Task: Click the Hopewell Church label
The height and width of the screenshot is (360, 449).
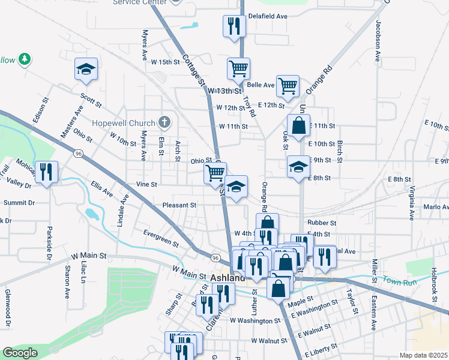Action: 124,122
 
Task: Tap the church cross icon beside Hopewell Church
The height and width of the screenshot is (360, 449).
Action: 165,122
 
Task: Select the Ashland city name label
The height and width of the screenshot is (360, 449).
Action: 228,278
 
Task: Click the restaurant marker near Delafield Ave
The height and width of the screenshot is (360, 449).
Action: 232,26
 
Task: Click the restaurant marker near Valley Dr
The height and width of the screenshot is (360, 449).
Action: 46,172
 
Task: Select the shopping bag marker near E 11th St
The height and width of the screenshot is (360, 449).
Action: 298,126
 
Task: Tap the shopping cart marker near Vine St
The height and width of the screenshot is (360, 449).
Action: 215,173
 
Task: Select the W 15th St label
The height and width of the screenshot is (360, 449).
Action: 166,62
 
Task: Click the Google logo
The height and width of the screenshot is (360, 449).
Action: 20,353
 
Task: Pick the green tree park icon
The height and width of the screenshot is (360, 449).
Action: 25,59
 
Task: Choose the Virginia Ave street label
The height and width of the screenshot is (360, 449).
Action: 412,202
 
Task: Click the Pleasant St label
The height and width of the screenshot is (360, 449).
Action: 179,205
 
